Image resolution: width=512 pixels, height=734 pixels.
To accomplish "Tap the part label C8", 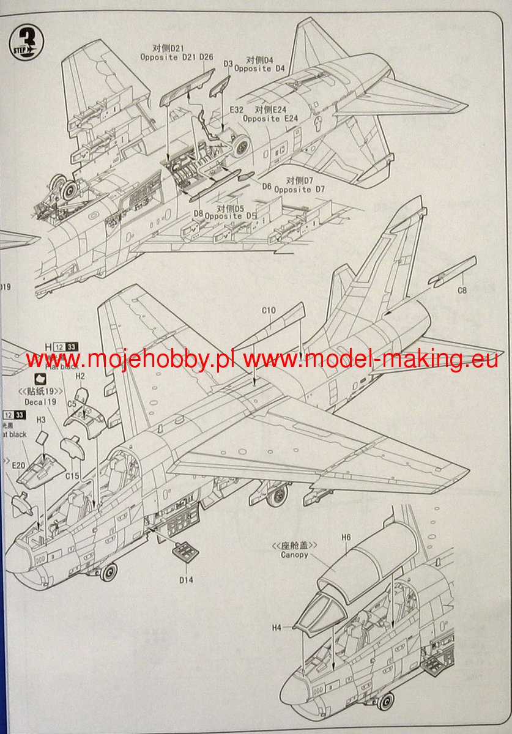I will (x=462, y=291).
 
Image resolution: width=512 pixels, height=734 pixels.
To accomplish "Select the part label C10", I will (x=269, y=311).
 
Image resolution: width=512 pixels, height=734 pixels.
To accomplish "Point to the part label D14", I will (x=181, y=576).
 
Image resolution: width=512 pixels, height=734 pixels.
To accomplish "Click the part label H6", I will (x=346, y=537).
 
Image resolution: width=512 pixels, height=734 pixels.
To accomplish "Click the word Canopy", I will (x=295, y=555).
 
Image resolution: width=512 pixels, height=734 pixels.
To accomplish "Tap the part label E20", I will (x=18, y=465).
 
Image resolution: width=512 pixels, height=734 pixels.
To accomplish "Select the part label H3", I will (x=41, y=420).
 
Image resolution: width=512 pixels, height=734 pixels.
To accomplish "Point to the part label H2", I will (x=80, y=376).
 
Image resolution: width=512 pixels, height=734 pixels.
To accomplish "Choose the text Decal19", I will (x=41, y=403).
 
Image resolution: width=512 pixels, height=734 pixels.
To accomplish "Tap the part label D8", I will (x=198, y=213).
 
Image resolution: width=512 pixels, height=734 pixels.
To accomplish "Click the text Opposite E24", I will (x=270, y=118).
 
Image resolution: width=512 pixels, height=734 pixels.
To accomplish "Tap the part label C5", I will (x=72, y=404).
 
